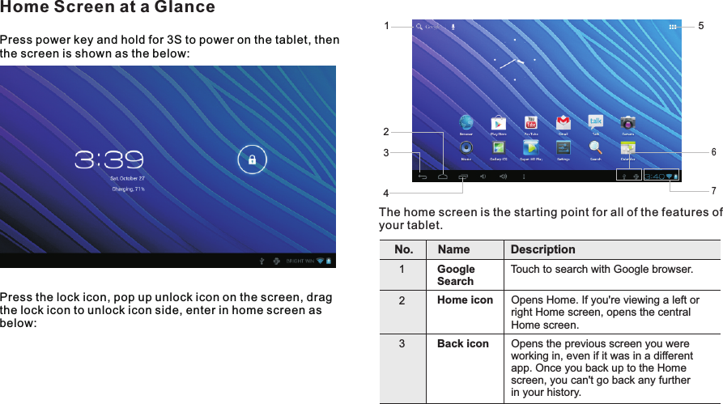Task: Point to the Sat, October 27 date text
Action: pyautogui.click(x=127, y=178)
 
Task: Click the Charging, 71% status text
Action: pyautogui.click(x=128, y=189)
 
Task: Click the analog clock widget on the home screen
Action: pyautogui.click(x=515, y=61)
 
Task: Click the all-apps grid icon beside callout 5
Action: pyautogui.click(x=673, y=27)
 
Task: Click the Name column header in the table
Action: pyautogui.click(x=453, y=249)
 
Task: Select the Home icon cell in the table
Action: pyautogui.click(x=465, y=300)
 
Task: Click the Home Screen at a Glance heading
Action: pyautogui.click(x=108, y=8)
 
